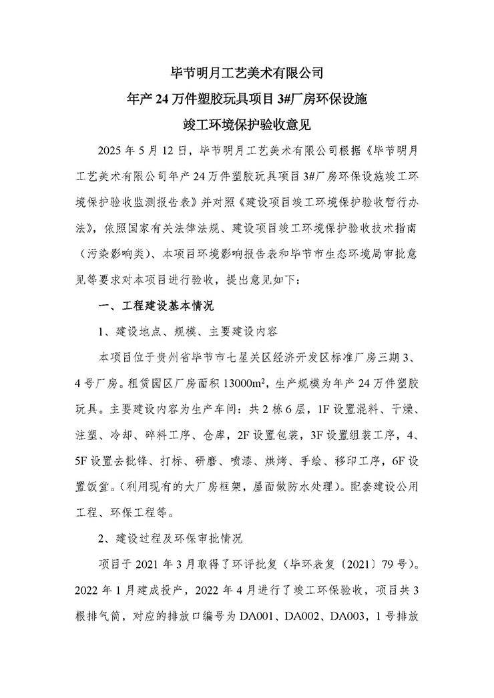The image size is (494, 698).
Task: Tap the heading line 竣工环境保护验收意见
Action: (247, 124)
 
